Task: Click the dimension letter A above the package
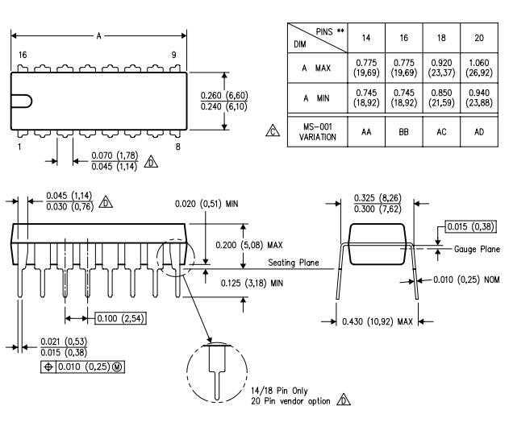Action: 98,35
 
